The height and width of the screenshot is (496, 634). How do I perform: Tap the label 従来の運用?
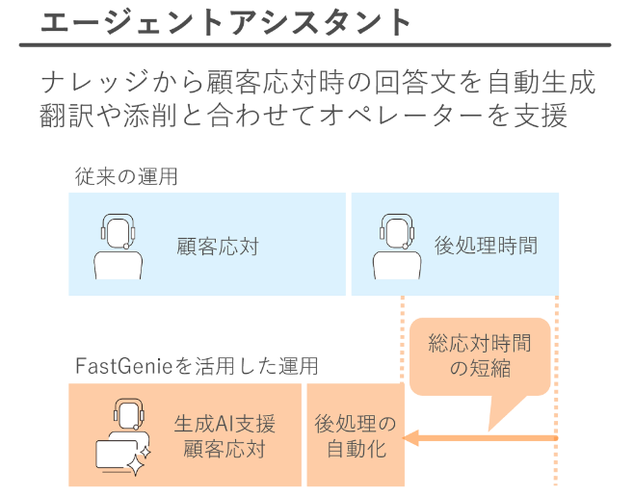click(126, 176)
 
